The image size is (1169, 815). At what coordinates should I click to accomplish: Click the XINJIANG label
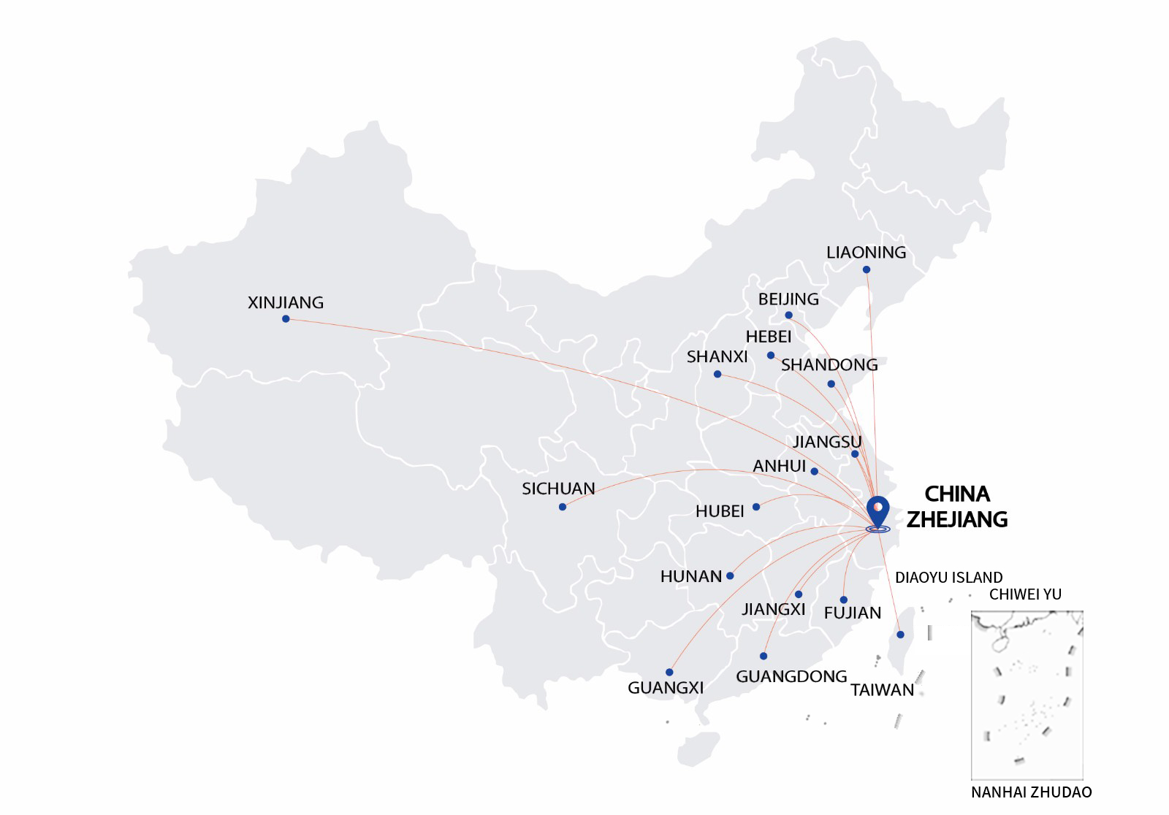pyautogui.click(x=285, y=302)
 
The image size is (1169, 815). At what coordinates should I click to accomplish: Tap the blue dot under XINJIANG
pyautogui.click(x=286, y=319)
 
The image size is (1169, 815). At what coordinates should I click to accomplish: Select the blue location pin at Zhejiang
pyautogui.click(x=877, y=510)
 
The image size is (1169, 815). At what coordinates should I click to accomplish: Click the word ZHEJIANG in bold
pyautogui.click(x=956, y=519)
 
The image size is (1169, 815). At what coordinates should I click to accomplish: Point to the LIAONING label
pyautogui.click(x=866, y=253)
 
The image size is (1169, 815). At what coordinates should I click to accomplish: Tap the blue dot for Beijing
pyautogui.click(x=788, y=315)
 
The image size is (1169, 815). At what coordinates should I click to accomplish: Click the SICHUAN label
pyautogui.click(x=558, y=489)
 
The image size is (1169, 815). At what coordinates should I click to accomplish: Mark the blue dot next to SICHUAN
pyautogui.click(x=562, y=507)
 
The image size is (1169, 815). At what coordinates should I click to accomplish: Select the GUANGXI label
pyautogui.click(x=666, y=687)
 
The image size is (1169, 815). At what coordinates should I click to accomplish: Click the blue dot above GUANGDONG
pyautogui.click(x=764, y=656)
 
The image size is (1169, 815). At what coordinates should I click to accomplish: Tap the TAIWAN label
pyautogui.click(x=882, y=690)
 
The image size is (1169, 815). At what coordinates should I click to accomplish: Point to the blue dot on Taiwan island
pyautogui.click(x=900, y=635)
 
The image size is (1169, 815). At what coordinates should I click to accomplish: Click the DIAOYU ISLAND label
pyautogui.click(x=948, y=578)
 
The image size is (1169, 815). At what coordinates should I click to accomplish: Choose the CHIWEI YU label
pyautogui.click(x=1025, y=594)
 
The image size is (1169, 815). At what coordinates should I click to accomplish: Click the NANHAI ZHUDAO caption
pyautogui.click(x=1031, y=792)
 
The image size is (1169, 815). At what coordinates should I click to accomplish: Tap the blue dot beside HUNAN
pyautogui.click(x=730, y=576)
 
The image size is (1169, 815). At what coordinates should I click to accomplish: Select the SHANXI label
pyautogui.click(x=717, y=356)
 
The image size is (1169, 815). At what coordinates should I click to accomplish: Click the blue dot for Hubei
pyautogui.click(x=756, y=507)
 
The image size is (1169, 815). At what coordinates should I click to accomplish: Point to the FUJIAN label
pyautogui.click(x=852, y=613)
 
